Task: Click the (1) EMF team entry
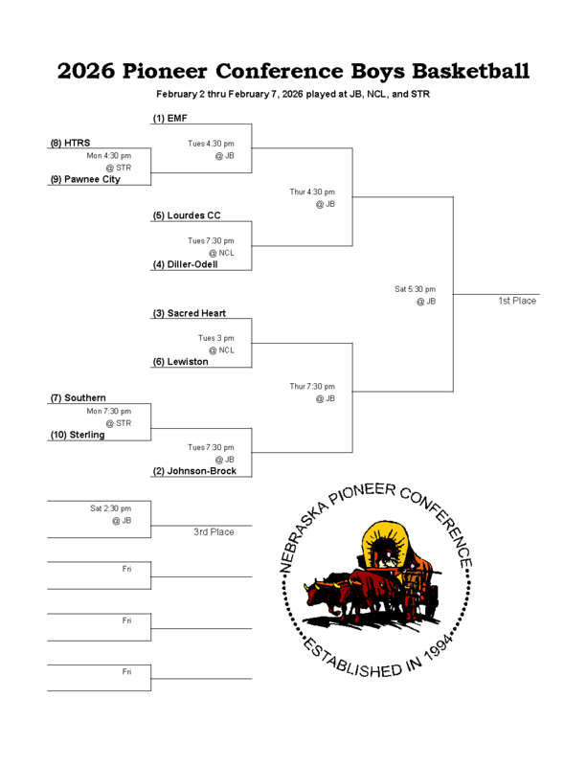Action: click(x=170, y=118)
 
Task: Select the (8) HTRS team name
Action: click(x=70, y=143)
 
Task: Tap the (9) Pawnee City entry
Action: click(x=85, y=179)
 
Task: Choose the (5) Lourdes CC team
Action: click(x=187, y=215)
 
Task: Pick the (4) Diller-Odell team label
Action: click(x=185, y=264)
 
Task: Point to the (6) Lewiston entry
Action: click(x=180, y=362)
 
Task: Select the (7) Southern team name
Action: click(x=78, y=398)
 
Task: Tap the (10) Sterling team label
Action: click(x=78, y=435)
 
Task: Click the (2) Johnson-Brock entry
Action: click(x=194, y=471)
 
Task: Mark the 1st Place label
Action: click(x=517, y=301)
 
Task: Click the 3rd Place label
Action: click(x=214, y=531)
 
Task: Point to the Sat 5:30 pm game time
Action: click(x=415, y=288)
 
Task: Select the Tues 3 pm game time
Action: click(x=215, y=338)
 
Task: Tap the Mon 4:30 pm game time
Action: click(x=108, y=155)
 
